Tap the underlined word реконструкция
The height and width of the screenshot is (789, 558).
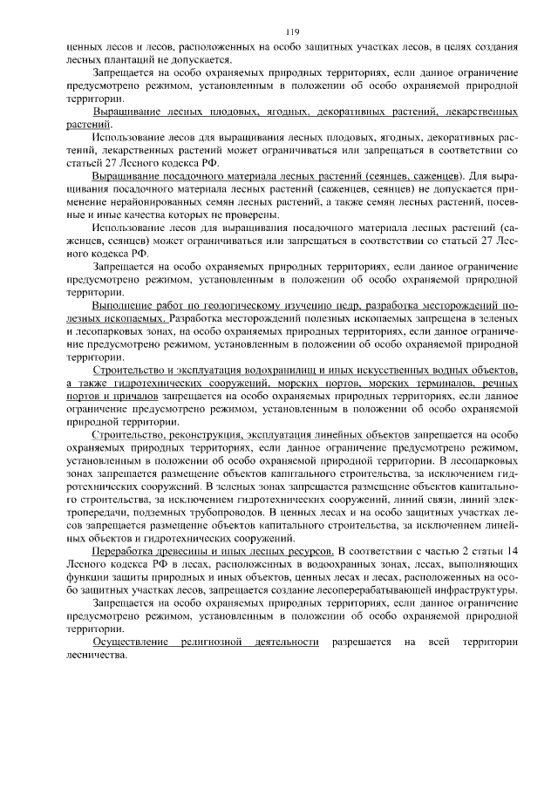pyautogui.click(x=210, y=432)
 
